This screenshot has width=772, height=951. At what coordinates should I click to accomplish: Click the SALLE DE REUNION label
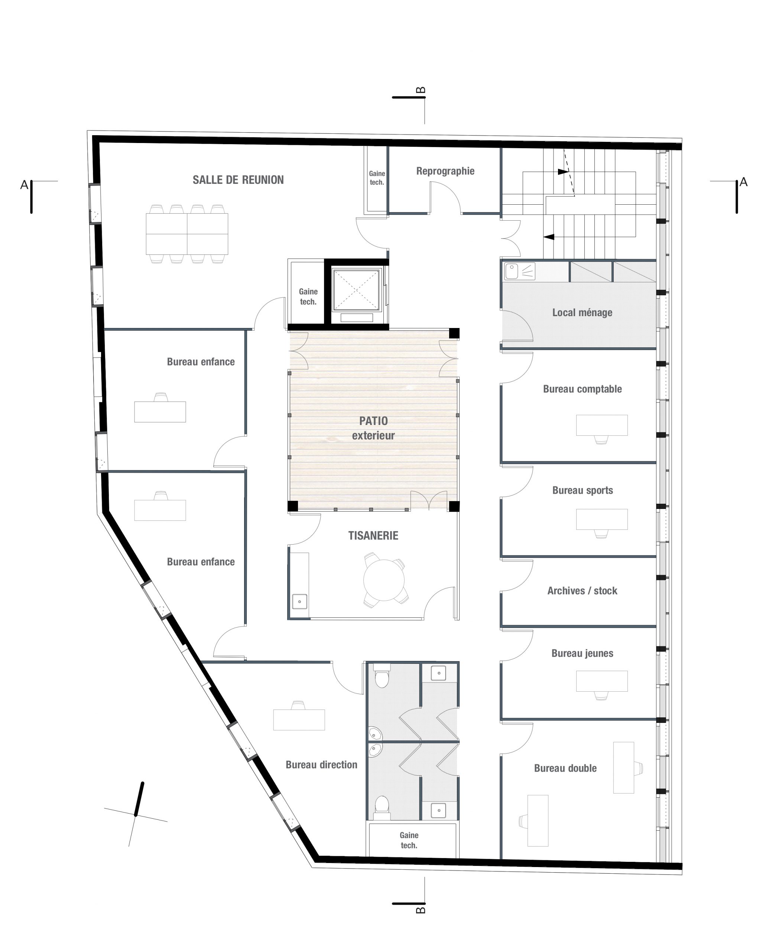(238, 180)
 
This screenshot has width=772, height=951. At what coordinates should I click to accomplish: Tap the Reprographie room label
(445, 171)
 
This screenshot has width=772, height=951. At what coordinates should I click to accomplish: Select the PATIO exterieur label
(373, 428)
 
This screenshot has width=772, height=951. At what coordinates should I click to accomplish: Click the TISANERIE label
(373, 535)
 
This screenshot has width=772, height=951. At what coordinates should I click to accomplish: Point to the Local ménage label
(582, 312)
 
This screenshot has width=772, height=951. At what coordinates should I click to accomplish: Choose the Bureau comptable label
(582, 389)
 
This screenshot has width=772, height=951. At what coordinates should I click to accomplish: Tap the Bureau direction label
(321, 764)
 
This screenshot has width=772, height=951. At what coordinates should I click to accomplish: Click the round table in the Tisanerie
(384, 580)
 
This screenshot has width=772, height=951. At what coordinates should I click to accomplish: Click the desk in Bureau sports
(602, 519)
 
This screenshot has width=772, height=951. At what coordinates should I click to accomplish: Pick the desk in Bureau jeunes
(602, 681)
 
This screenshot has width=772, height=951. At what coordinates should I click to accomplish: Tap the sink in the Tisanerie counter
(299, 601)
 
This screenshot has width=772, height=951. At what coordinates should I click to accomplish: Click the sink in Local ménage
(512, 271)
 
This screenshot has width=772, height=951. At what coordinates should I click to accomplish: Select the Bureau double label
(565, 768)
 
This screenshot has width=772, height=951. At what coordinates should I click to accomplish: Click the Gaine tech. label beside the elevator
(308, 296)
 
